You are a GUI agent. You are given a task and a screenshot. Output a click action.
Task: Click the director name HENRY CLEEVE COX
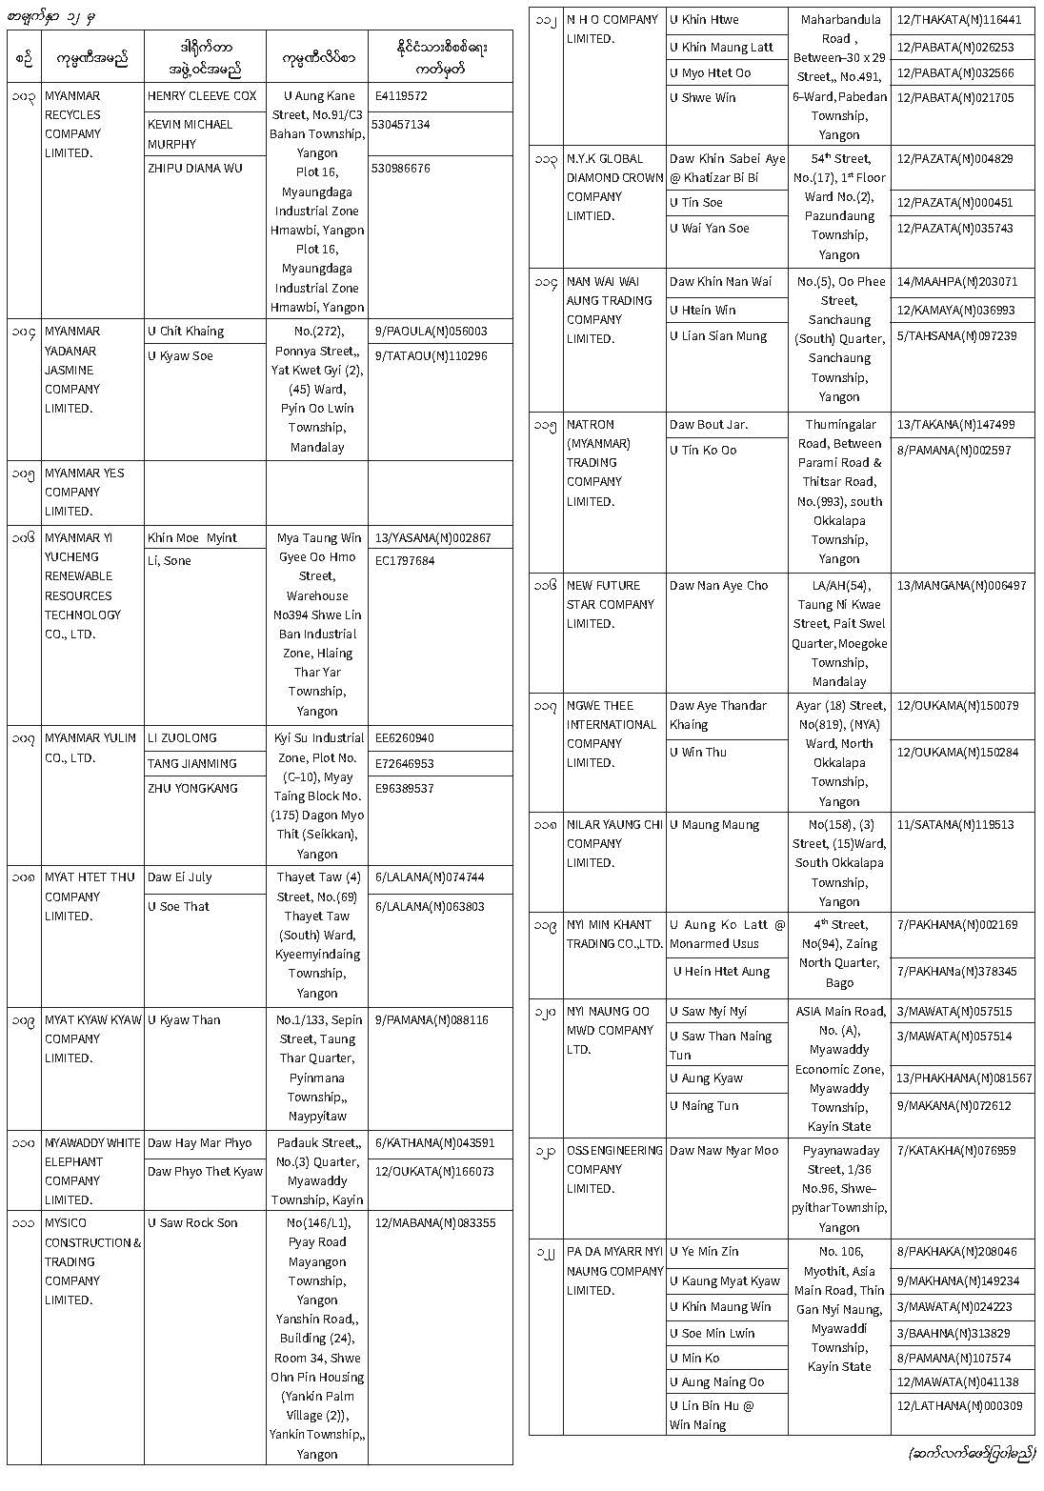pyautogui.click(x=202, y=96)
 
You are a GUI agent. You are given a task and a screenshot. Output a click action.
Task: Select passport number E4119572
pyautogui.click(x=401, y=96)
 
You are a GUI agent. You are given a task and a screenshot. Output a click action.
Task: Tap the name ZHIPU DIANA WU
pyautogui.click(x=194, y=169)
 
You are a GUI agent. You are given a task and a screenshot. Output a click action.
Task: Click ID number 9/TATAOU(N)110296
pyautogui.click(x=431, y=356)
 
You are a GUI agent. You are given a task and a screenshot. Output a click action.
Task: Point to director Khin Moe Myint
pyautogui.click(x=191, y=538)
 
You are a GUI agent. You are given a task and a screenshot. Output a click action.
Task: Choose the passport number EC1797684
pyautogui.click(x=405, y=561)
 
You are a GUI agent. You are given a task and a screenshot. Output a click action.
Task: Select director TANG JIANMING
pyautogui.click(x=192, y=763)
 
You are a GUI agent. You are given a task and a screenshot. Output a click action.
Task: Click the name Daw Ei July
pyautogui.click(x=179, y=877)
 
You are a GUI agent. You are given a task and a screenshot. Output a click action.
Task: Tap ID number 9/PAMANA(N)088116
pyautogui.click(x=432, y=1020)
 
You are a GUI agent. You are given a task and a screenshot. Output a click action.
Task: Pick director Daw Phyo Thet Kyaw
pyautogui.click(x=205, y=1172)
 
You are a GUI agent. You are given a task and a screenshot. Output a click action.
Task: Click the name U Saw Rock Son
pyautogui.click(x=192, y=1223)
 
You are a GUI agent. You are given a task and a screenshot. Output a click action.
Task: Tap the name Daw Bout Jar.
pyautogui.click(x=709, y=425)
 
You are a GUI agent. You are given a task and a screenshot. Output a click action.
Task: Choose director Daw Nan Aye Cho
pyautogui.click(x=718, y=586)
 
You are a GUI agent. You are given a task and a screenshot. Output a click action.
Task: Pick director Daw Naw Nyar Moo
pyautogui.click(x=724, y=1151)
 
